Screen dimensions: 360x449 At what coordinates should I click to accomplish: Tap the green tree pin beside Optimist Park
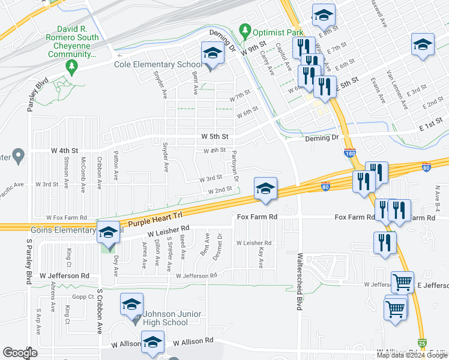244,29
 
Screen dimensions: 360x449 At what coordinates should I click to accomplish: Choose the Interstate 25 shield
423,342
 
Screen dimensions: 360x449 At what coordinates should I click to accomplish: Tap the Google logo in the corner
20,353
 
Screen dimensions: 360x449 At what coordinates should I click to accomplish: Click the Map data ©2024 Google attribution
412,355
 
